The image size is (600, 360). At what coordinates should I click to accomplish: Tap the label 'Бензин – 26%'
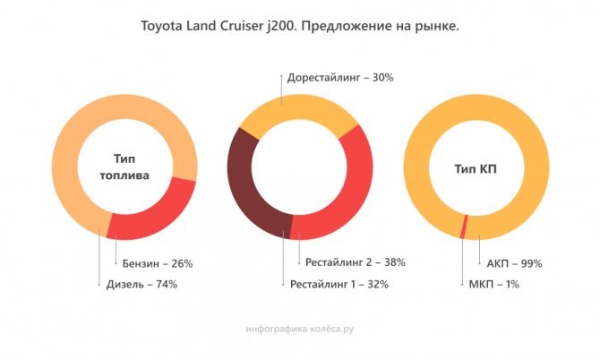tap(157, 263)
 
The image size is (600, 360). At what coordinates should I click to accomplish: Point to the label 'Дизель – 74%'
tap(137, 285)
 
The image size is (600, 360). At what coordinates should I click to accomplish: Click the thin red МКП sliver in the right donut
tap(464, 227)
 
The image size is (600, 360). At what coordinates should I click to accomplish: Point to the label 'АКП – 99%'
tap(515, 263)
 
